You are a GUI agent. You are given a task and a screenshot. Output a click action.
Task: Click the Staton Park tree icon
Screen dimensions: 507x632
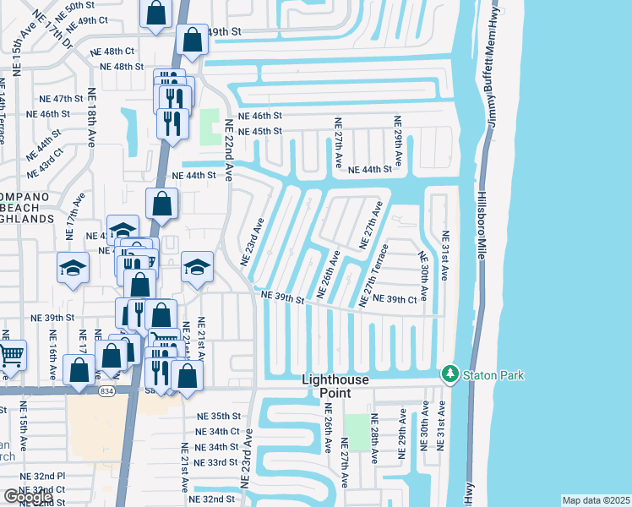449,373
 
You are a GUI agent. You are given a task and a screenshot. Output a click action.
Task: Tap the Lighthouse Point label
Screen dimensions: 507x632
335,386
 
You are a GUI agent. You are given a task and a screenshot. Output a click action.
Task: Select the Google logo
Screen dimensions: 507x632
28,497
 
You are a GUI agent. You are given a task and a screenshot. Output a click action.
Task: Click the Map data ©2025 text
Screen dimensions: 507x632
596,500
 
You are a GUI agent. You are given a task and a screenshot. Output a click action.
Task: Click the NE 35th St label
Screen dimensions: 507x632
219,417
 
